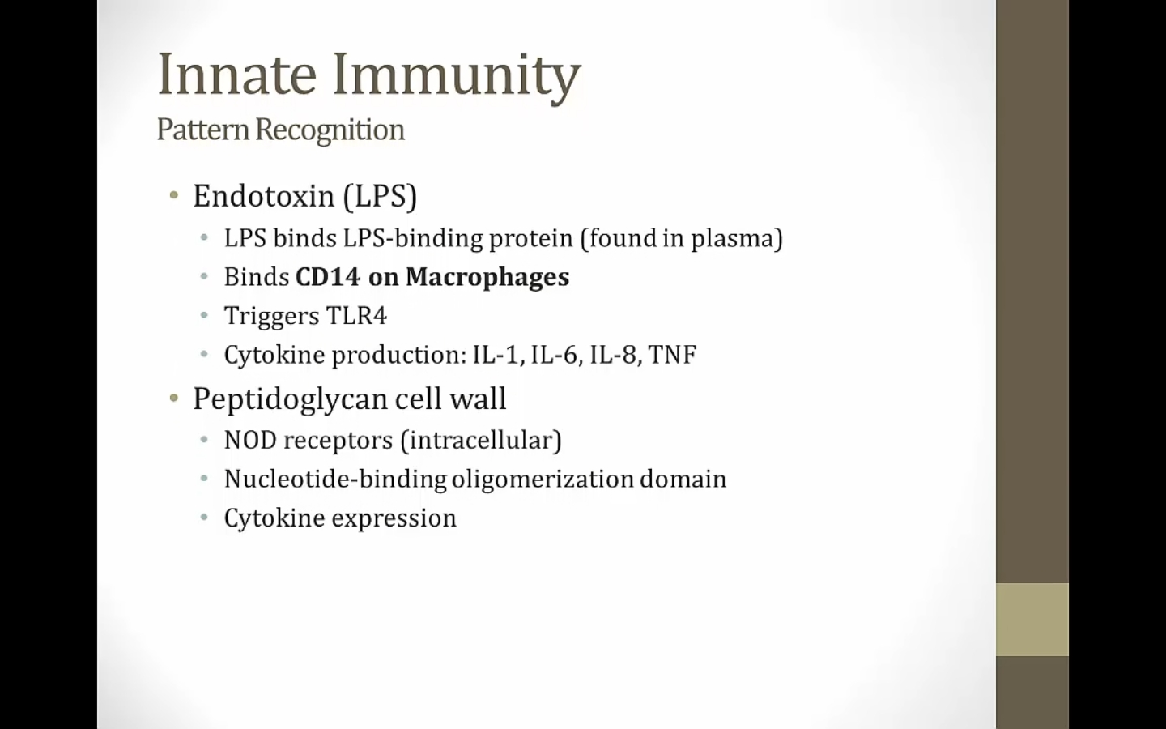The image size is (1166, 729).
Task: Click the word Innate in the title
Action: tap(236, 74)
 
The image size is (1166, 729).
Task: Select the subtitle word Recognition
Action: tap(330, 130)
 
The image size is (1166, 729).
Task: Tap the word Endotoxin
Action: tap(263, 196)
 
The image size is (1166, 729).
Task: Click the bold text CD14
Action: tap(328, 276)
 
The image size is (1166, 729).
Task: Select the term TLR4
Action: tap(356, 316)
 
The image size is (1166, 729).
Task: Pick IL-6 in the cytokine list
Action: tap(555, 355)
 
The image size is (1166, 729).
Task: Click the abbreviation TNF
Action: tap(673, 355)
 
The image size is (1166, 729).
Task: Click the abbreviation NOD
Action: tap(250, 440)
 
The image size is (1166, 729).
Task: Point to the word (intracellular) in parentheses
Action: tap(481, 441)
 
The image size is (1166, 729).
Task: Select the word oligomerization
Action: tap(542, 480)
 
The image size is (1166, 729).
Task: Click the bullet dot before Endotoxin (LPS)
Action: tap(174, 196)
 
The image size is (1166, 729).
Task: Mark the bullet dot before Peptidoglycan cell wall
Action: tap(174, 399)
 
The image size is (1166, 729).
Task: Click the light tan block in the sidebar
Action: tap(1032, 620)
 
